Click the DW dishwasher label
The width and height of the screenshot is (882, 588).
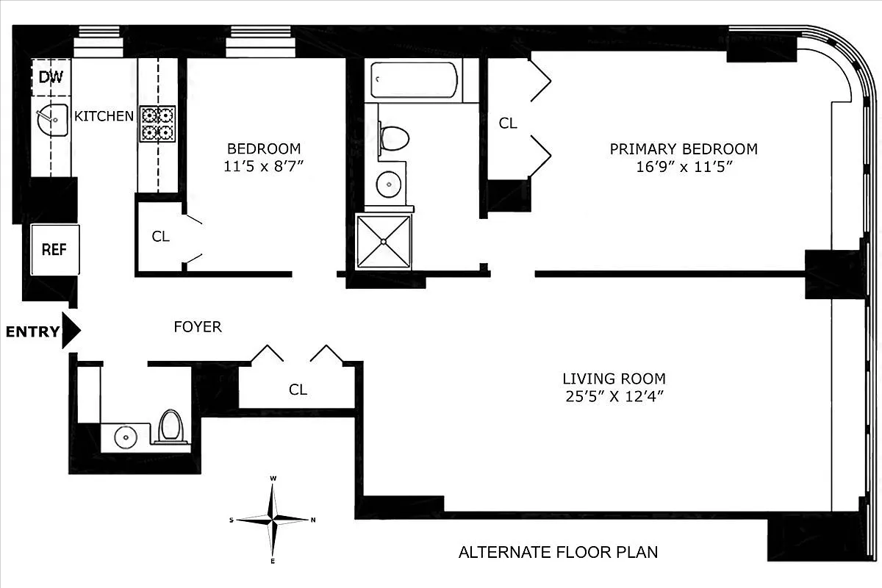pos(50,77)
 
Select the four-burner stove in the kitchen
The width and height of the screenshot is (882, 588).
pos(158,123)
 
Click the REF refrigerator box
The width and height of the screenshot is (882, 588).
pos(54,249)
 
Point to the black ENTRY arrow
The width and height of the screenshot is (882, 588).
pos(71,331)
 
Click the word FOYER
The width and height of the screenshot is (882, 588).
pos(197,327)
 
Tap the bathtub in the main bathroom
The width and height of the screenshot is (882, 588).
pos(415,79)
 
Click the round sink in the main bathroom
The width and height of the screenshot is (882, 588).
pos(388,184)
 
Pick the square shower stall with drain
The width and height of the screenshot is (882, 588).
pos(384,241)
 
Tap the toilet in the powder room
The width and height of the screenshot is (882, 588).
pos(171,426)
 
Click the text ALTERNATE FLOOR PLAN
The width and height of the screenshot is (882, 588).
pos(558,551)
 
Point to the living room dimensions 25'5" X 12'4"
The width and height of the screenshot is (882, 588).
pos(614,397)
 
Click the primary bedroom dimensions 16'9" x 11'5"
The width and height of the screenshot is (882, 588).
pos(683,167)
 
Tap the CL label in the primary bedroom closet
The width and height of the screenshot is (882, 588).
pos(508,123)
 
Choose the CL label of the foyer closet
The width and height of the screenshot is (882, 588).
pos(298,390)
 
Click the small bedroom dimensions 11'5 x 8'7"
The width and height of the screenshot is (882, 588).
pos(264,166)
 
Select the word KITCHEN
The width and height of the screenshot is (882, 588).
pos(104,116)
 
